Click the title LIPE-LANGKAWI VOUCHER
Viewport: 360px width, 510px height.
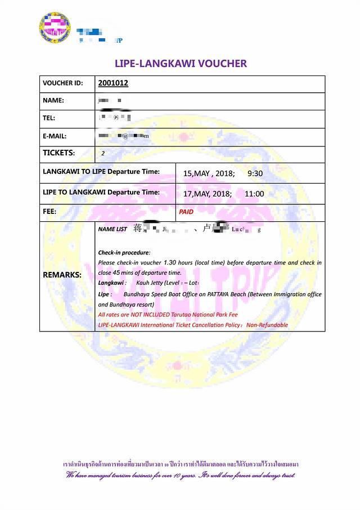tap(181, 63)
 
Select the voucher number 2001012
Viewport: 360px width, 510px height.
tap(113, 83)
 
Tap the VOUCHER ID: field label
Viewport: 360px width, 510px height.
tap(62, 83)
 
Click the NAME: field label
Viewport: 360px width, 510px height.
tap(53, 101)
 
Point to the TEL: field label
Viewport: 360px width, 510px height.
tap(50, 118)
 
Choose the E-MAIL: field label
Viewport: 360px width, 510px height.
tap(55, 136)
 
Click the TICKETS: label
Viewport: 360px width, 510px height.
tap(58, 153)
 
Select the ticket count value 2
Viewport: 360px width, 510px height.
tap(103, 154)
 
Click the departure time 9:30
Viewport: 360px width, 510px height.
tap(255, 173)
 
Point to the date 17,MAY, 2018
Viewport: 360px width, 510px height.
tap(208, 194)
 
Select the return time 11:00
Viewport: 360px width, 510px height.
tap(254, 194)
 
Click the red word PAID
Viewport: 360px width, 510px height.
tap(187, 212)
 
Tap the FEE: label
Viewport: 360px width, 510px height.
tap(49, 212)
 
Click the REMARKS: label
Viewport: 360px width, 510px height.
tap(62, 275)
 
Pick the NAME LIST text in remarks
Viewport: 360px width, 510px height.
tap(112, 230)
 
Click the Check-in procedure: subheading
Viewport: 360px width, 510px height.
tap(124, 253)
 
